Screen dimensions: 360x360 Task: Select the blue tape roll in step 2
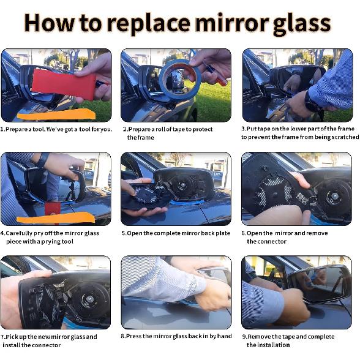(x=180, y=75)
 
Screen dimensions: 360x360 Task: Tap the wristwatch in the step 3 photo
(x=312, y=104)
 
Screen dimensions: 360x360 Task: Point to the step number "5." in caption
(x=124, y=233)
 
